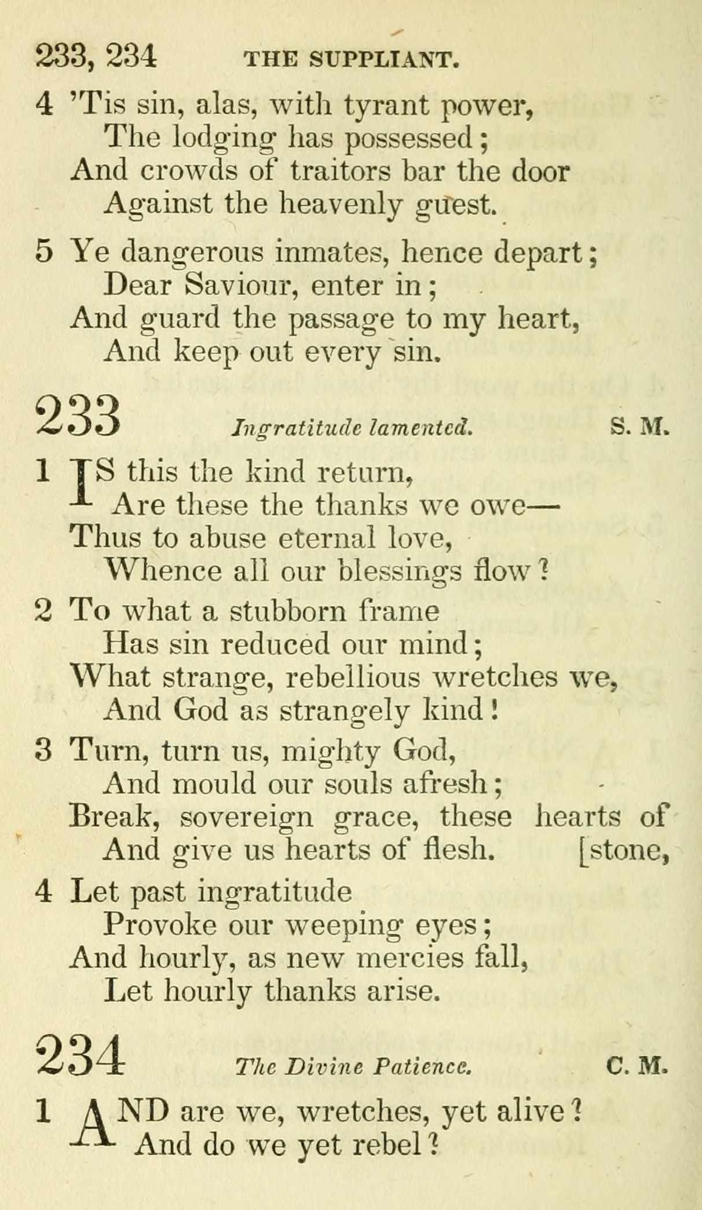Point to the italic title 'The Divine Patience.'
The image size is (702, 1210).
[x=353, y=1066]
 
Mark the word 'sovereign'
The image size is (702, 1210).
[x=246, y=817]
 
